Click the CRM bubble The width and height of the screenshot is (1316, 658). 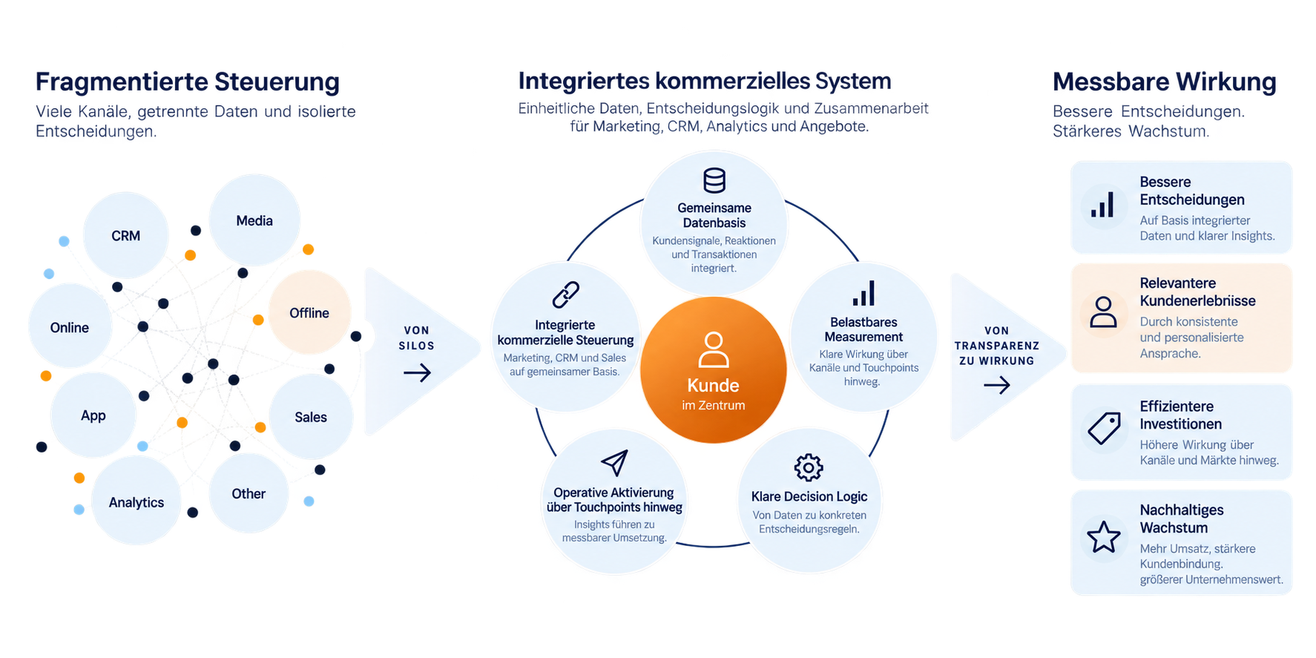point(126,235)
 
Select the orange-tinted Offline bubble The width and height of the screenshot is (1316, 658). point(309,312)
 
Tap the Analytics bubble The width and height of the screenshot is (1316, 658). point(136,501)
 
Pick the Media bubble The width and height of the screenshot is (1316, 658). point(254,220)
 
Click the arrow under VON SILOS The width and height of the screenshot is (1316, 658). point(417,372)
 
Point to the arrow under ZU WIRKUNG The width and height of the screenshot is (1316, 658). point(996,385)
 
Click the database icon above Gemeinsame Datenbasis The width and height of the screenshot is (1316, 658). point(714,180)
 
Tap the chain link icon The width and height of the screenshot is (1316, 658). point(566,295)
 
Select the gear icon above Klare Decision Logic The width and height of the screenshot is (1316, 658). point(809,467)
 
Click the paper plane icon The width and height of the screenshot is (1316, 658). point(615,463)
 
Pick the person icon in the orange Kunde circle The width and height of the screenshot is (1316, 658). point(714,350)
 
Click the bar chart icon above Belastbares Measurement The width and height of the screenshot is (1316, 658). point(863,293)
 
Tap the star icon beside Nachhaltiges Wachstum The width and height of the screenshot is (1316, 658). point(1104,536)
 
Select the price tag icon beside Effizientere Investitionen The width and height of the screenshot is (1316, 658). point(1104,429)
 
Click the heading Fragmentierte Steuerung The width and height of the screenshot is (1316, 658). point(188,82)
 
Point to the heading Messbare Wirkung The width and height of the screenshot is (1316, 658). point(1165,82)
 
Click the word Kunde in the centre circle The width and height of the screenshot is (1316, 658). point(713,386)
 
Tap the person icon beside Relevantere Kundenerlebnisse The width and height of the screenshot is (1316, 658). point(1103,312)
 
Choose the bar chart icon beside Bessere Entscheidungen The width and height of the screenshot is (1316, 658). point(1102,205)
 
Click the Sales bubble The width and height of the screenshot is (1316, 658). point(311,417)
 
